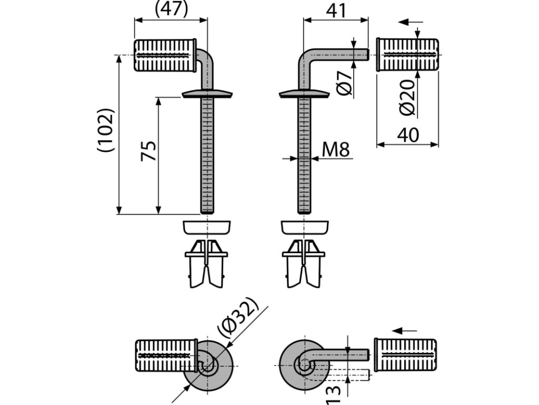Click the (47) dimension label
point(172,9)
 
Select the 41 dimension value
point(336,10)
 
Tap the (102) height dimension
point(106,130)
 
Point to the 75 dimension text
point(149,151)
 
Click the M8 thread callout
point(335,150)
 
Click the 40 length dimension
point(408,135)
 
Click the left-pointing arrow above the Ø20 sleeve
point(411,22)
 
